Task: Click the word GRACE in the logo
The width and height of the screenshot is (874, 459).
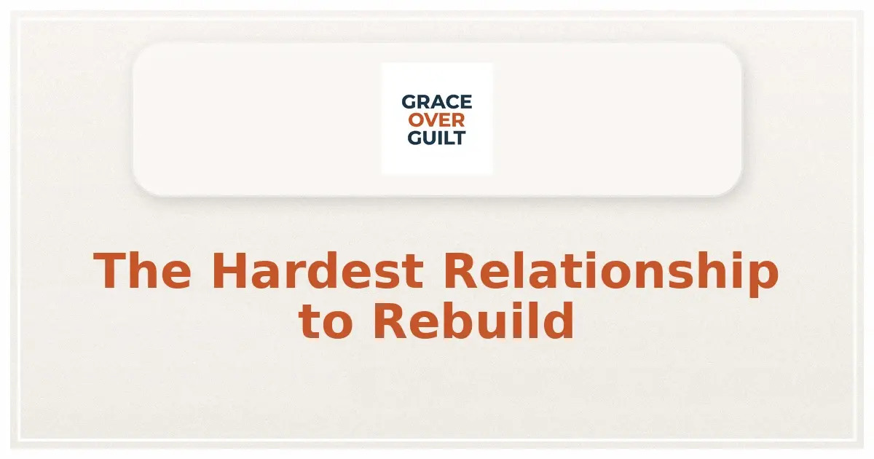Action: coord(436,102)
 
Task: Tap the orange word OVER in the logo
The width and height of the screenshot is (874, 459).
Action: coord(436,120)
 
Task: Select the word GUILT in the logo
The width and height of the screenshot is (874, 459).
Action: coord(436,138)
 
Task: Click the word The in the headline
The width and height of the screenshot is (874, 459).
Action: coord(143,270)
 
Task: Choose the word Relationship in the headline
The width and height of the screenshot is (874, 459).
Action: coord(610,272)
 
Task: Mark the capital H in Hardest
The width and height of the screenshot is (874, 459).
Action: coord(228,270)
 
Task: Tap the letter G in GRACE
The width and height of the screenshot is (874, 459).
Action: coord(408,102)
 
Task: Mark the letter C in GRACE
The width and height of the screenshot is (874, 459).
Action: coord(451,102)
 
